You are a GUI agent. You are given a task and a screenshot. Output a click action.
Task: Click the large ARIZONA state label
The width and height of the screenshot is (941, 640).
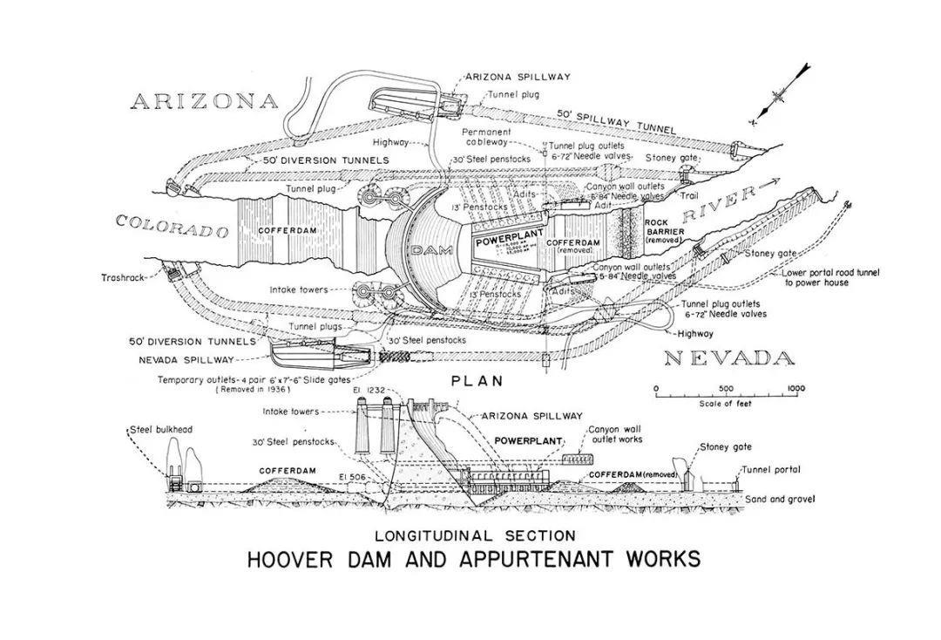coord(204,101)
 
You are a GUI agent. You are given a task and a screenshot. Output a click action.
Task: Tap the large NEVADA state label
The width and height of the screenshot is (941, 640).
coord(728,358)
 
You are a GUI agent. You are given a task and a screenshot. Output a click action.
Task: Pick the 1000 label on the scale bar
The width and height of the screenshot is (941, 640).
coord(795,388)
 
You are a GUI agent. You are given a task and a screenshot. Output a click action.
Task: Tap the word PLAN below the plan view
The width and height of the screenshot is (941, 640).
coord(478,381)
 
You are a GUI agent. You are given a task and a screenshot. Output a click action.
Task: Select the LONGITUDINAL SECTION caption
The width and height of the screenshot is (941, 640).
coord(475,534)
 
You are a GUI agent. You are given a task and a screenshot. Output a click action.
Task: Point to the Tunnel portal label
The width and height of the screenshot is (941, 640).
coord(770,469)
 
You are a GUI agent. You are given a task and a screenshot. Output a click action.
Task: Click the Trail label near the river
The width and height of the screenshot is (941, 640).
coord(689,195)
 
